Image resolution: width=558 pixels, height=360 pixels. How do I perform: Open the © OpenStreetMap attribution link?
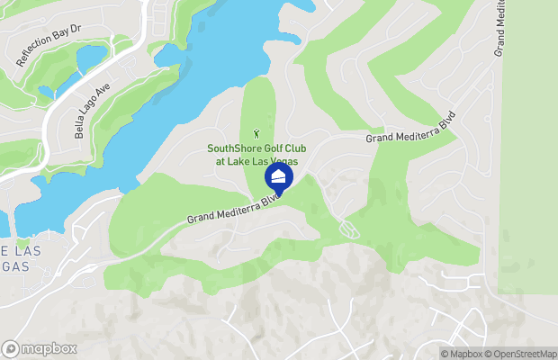click(x=522, y=353)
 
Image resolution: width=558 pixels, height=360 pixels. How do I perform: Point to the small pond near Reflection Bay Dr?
click(x=93, y=58)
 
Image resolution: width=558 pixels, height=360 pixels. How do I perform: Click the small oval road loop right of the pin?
click(x=351, y=230)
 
